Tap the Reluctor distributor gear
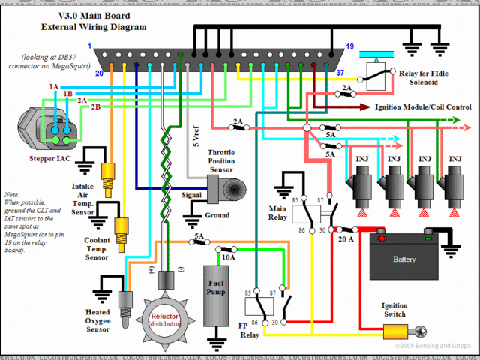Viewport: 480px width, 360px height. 165,319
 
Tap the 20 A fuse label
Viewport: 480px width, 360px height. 346,239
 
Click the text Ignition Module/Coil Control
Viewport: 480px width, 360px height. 422,107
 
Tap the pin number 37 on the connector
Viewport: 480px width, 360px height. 340,73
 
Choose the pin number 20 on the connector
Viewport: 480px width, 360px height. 98,73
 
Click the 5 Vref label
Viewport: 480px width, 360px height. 193,138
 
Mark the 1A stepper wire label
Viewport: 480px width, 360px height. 54,87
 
